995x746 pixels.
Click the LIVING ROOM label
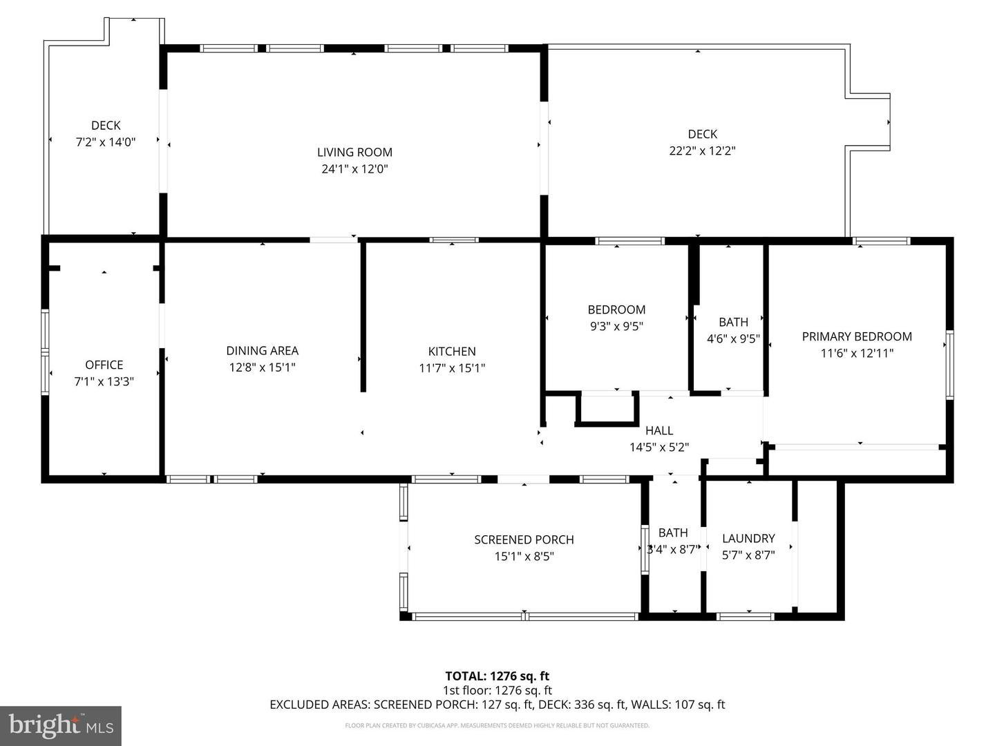354,152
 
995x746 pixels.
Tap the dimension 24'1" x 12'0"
354,169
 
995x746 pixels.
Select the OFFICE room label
104,365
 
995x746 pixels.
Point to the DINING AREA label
262,351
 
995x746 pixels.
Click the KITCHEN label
452,352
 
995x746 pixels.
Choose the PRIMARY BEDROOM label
857,336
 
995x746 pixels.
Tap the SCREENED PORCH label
524,539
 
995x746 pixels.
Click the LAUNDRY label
748,538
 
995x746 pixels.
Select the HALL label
659,430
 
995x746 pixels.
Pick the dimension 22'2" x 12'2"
702,151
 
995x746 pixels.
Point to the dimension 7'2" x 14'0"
106,142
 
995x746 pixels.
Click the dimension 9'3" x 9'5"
616,326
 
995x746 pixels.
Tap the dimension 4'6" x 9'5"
733,338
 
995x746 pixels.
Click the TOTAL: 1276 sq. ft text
497,676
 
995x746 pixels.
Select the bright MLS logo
61,725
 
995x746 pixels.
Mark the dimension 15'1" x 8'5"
524,556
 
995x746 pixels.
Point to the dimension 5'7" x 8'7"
748,555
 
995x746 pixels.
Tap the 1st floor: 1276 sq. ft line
497,690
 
